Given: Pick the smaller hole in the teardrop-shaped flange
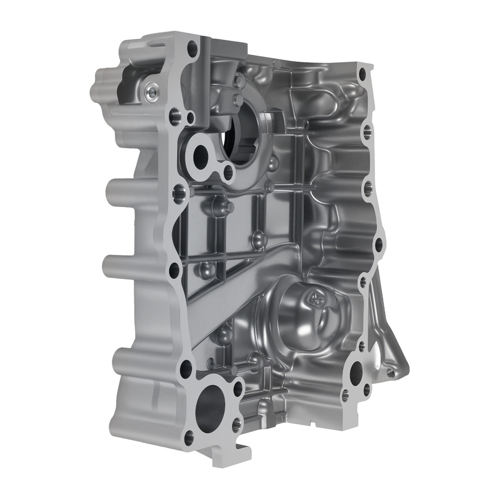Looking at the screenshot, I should pyautogui.click(x=228, y=172).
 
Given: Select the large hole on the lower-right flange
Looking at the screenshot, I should pyautogui.click(x=357, y=371).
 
